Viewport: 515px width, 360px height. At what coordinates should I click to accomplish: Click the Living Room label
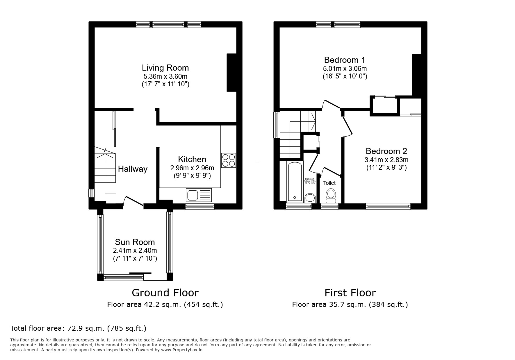(x=165, y=68)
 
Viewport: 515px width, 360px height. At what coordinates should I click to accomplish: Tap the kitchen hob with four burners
(x=229, y=160)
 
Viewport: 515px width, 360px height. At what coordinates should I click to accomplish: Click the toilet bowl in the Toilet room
(x=331, y=195)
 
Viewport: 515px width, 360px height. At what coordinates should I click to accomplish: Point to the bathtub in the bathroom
(x=295, y=182)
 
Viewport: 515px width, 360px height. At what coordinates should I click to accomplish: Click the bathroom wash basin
(x=310, y=198)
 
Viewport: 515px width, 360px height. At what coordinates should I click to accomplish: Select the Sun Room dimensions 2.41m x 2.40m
(x=135, y=250)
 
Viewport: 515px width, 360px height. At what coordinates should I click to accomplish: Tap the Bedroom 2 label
(x=386, y=151)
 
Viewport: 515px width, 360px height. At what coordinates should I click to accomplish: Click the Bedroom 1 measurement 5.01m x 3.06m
(x=345, y=69)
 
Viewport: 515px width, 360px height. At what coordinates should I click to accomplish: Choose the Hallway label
(x=133, y=169)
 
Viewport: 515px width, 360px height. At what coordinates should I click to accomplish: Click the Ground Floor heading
(x=165, y=293)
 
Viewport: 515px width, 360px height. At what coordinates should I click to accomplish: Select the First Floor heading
(x=350, y=293)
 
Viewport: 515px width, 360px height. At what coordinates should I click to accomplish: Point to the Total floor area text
(x=78, y=328)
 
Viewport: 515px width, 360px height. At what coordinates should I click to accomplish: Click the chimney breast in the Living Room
(x=231, y=73)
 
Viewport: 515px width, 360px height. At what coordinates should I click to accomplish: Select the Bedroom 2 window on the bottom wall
(x=388, y=206)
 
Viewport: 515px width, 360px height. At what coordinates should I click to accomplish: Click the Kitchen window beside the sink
(x=200, y=207)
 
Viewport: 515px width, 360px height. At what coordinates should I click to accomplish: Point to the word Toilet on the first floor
(x=329, y=183)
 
